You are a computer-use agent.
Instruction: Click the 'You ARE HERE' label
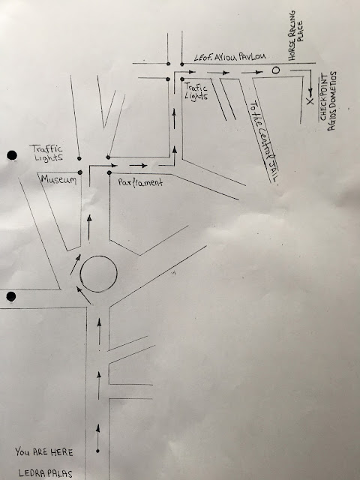click(44, 451)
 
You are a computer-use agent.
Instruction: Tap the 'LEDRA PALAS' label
click(45, 473)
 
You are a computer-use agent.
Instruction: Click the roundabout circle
click(98, 274)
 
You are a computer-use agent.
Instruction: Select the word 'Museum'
click(58, 179)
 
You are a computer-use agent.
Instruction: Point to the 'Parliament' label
click(140, 182)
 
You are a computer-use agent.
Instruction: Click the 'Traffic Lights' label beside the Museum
click(47, 153)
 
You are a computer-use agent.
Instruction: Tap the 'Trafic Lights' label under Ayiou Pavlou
click(196, 91)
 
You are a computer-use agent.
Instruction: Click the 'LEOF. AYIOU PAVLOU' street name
click(230, 57)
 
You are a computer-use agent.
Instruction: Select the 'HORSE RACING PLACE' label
click(295, 35)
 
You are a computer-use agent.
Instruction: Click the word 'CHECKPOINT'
click(323, 97)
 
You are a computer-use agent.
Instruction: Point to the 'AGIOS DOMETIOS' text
click(332, 101)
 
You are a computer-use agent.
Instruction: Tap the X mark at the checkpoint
click(310, 102)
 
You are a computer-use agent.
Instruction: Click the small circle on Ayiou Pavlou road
click(276, 70)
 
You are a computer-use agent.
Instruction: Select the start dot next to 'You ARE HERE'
click(97, 451)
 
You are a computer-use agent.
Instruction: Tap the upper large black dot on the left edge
click(12, 155)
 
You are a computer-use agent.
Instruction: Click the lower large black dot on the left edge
click(11, 297)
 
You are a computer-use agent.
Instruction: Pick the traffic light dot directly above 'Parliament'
click(109, 173)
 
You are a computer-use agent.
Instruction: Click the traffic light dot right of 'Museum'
click(80, 172)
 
